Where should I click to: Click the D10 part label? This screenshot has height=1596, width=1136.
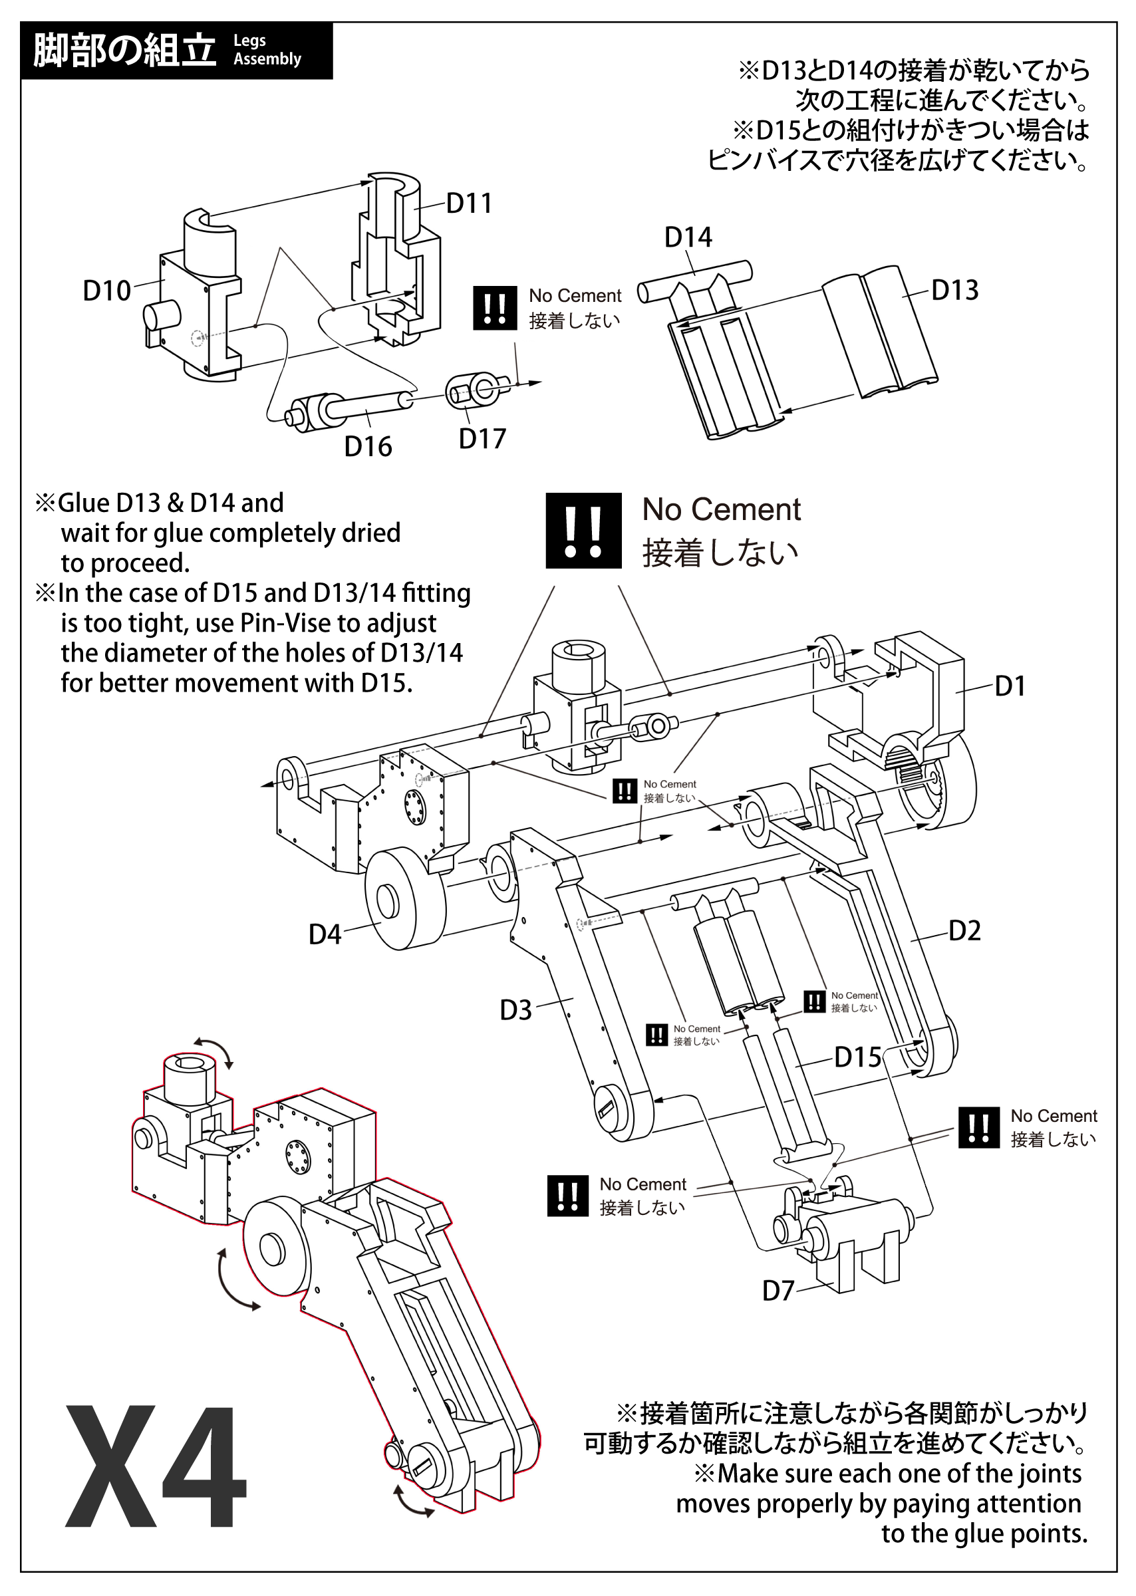point(107,290)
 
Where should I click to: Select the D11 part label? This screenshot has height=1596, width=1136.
point(469,203)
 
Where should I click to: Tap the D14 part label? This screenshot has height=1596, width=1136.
point(688,237)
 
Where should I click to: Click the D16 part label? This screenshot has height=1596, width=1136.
point(368,446)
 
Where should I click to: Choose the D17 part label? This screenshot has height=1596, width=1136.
point(482,438)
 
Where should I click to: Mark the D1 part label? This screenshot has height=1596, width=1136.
point(1010,686)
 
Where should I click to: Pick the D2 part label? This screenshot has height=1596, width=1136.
point(964,931)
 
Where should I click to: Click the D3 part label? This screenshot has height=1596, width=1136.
point(515,1010)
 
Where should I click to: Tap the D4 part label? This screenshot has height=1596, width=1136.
point(325,934)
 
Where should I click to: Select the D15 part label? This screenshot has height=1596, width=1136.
point(857,1057)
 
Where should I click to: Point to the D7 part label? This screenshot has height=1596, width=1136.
point(778,1290)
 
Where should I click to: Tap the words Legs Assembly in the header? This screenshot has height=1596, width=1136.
point(267,51)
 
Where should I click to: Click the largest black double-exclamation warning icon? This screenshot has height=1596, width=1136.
point(583,530)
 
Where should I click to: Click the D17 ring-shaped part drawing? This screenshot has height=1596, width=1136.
point(477,389)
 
